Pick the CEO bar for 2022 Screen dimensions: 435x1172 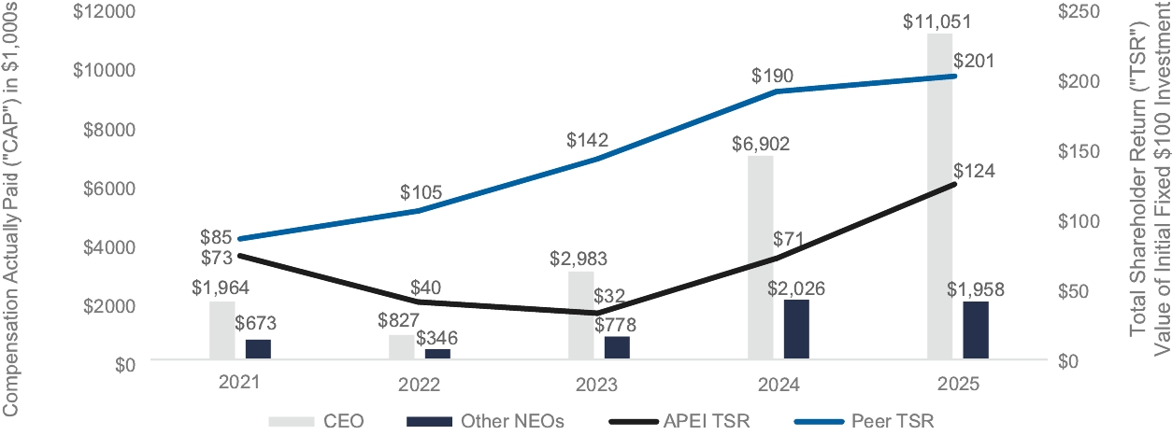tap(402, 346)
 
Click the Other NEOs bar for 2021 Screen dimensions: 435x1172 tap(258, 348)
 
